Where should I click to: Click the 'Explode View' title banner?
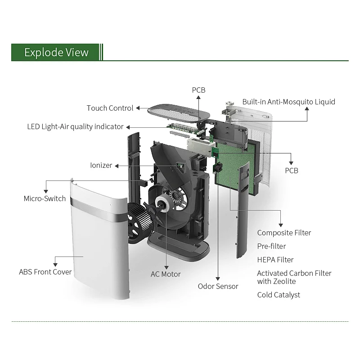pyautogui.click(x=56, y=52)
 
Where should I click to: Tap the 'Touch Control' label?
pyautogui.click(x=110, y=108)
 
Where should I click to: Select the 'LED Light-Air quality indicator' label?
pyautogui.click(x=75, y=126)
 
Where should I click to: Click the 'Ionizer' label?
pyautogui.click(x=101, y=165)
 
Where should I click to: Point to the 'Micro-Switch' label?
pyautogui.click(x=45, y=198)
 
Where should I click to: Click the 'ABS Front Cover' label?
pyautogui.click(x=45, y=272)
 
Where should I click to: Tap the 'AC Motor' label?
pyautogui.click(x=165, y=274)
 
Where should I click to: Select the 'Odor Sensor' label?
pyautogui.click(x=218, y=286)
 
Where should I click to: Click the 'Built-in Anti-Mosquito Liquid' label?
pyautogui.click(x=288, y=102)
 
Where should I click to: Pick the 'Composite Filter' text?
pyautogui.click(x=284, y=233)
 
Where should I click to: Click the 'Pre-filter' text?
pyautogui.click(x=271, y=246)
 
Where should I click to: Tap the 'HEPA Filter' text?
pyautogui.click(x=275, y=260)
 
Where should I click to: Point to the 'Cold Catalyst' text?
pyautogui.click(x=279, y=295)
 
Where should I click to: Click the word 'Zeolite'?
pyautogui.click(x=285, y=281)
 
